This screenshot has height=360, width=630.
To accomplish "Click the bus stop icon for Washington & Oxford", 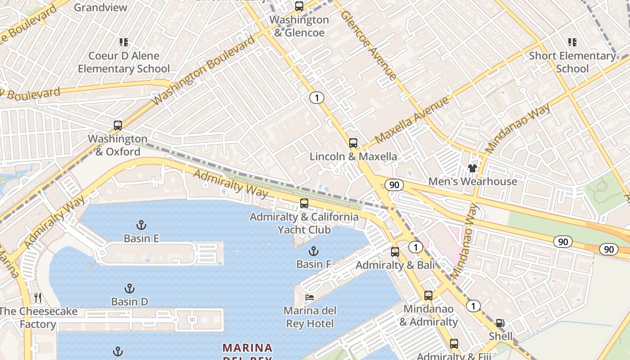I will pos(118,126).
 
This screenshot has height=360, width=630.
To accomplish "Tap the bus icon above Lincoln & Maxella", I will pos(353,144).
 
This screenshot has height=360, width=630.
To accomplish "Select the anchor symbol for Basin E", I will pos(141,225).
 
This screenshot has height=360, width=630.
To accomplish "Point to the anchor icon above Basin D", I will pos(130,288).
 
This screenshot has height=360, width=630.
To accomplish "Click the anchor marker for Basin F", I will pos(314,251).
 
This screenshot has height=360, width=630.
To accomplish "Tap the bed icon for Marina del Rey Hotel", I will pos(310,297).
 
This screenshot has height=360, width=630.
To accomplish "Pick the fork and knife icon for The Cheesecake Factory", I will pos(38,298).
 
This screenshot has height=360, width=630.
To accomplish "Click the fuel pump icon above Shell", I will pos(500,323).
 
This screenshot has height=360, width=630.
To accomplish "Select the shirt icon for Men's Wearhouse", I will pos(472,168).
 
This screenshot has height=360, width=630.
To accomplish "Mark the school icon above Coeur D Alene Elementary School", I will pos(124,42).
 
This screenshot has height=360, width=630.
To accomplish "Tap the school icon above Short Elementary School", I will pos(572,42).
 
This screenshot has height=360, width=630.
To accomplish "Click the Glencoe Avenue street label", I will pos(369,45).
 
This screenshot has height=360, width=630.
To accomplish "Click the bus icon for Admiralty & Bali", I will pos(395,252).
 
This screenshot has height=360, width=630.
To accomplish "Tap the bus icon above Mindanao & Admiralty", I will pos(428,296).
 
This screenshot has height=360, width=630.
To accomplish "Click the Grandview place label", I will pos(100,7).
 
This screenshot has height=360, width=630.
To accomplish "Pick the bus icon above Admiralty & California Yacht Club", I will pos(304,203).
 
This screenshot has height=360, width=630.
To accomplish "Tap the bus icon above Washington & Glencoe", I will pos(299,6).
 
